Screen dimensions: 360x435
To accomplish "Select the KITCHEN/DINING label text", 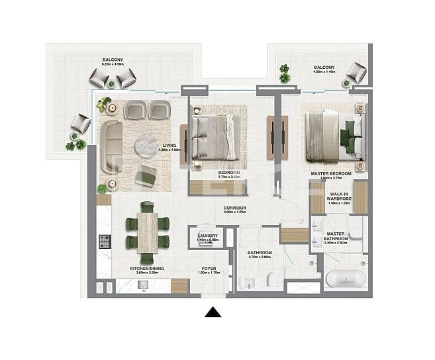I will pyautogui.click(x=146, y=269).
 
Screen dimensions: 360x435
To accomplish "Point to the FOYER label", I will pyautogui.click(x=210, y=269).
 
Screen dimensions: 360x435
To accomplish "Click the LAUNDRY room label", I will pyautogui.click(x=208, y=236).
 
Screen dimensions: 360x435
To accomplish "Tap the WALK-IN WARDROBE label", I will pyautogui.click(x=339, y=197).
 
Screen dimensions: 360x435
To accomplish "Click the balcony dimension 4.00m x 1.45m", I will pyautogui.click(x=324, y=71).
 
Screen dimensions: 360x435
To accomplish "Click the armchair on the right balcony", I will pyautogui.click(x=356, y=71).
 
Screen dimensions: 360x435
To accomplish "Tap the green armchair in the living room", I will pyautogui.click(x=146, y=175).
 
